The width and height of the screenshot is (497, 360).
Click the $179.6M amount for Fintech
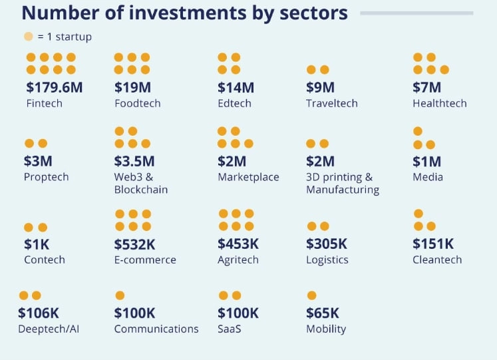(55, 87)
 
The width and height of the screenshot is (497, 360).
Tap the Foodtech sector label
(137, 103)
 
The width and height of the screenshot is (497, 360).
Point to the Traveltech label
(331, 103)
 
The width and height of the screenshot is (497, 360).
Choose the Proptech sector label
(46, 177)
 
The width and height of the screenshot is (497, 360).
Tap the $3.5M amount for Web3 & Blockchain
(134, 161)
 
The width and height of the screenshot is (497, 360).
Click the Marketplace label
(248, 177)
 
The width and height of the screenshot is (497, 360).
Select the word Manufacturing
(342, 190)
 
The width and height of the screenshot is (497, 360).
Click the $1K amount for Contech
(37, 244)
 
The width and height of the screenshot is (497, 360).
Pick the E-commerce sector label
(145, 260)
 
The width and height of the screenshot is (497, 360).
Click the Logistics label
(327, 260)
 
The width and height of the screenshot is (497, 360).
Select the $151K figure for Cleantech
(433, 244)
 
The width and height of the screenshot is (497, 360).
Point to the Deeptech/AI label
(49, 329)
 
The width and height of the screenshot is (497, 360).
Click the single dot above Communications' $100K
(120, 295)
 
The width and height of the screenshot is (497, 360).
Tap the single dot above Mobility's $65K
(311, 295)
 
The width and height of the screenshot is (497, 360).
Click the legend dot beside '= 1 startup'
(28, 37)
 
